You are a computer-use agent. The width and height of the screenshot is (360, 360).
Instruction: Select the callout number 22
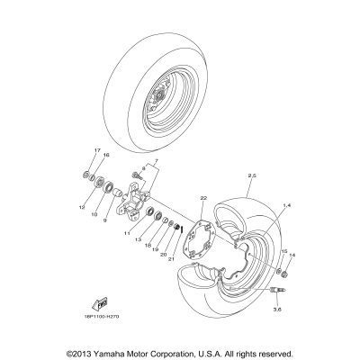(x=204, y=197)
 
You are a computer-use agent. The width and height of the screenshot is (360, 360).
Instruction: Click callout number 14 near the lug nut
(x=291, y=254)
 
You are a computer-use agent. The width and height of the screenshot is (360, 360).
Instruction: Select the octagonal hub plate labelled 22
(x=209, y=235)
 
